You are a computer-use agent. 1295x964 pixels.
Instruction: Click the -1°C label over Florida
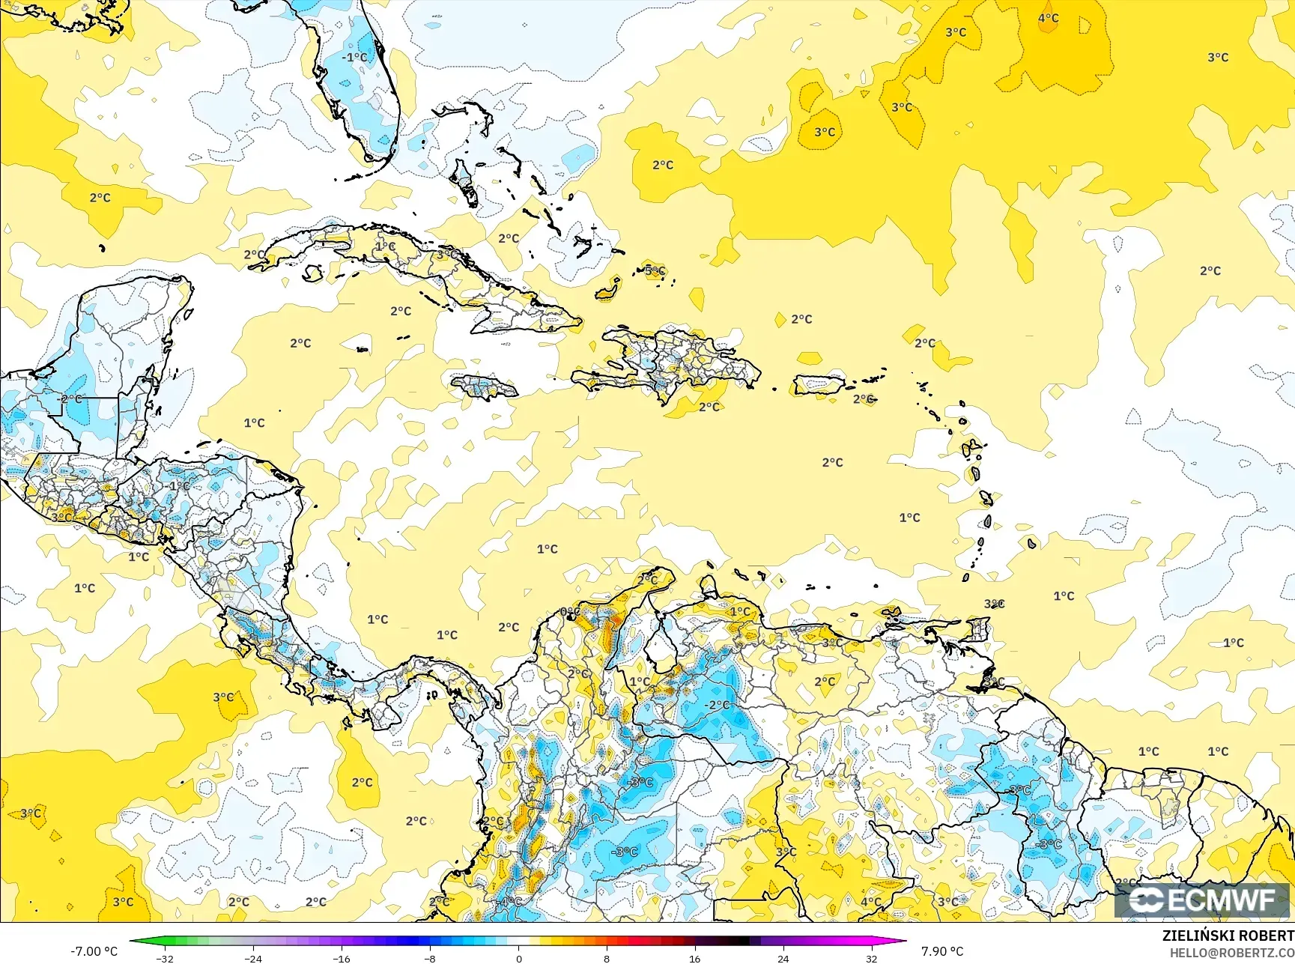(354, 57)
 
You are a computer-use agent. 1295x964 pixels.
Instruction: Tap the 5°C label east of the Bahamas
(655, 271)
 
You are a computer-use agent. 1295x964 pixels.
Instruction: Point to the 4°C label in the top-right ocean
(1048, 18)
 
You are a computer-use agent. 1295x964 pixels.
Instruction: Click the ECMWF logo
(1204, 900)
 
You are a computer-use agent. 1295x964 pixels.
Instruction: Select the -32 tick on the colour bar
(166, 958)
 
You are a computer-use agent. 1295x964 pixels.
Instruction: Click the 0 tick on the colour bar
(518, 958)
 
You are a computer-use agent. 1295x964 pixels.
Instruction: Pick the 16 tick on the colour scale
(694, 958)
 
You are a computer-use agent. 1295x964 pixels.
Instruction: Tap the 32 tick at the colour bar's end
(871, 958)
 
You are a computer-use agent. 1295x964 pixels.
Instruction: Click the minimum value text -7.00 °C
(94, 951)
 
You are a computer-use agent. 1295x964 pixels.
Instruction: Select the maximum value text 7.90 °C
(942, 951)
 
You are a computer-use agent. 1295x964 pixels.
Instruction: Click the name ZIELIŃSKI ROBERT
(1228, 936)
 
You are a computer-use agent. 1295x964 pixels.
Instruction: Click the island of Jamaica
(485, 387)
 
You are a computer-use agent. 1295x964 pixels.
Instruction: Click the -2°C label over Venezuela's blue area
(717, 705)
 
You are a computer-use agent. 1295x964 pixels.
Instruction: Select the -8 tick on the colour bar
(430, 958)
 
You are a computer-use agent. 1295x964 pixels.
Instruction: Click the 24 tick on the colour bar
(783, 958)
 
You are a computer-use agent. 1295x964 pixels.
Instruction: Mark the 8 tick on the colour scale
(607, 958)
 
